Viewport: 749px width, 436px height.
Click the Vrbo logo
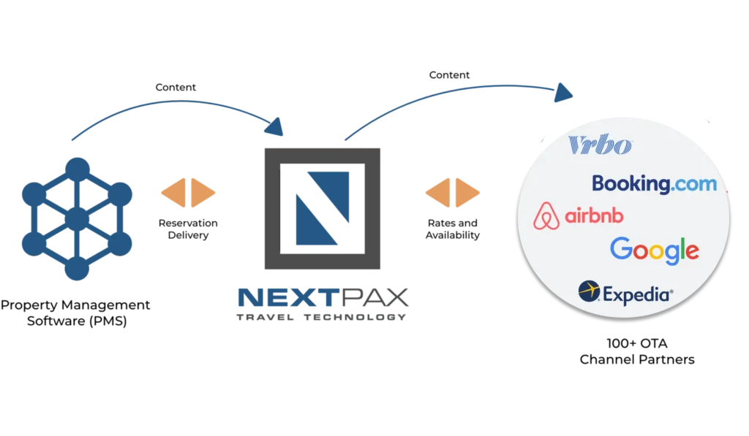(600, 145)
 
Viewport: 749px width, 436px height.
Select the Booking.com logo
(655, 183)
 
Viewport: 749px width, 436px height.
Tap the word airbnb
(594, 215)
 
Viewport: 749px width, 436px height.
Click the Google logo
(655, 250)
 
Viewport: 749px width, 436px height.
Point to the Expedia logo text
(638, 295)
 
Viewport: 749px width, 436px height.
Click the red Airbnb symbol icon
(546, 215)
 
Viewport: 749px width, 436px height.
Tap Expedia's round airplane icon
(589, 291)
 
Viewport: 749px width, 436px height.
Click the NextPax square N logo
(323, 208)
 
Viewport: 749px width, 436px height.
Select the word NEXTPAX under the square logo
(323, 297)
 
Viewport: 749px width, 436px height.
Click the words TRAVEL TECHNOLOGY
(322, 317)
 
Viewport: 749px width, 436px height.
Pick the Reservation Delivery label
(188, 229)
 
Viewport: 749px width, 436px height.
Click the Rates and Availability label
(452, 229)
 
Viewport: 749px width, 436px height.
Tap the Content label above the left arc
(176, 88)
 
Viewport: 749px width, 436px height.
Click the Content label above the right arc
(450, 75)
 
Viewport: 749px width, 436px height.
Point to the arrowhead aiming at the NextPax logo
(274, 127)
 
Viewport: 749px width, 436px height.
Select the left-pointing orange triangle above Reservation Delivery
(173, 193)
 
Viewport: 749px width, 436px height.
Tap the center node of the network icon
(77, 219)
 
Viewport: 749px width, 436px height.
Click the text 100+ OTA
(637, 343)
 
